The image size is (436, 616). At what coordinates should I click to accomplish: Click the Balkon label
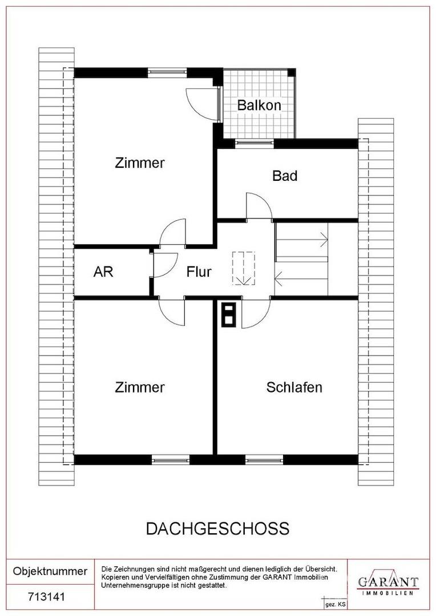tap(259, 106)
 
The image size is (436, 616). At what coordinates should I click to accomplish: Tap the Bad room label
tap(284, 176)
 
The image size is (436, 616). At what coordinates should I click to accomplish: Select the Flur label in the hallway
tap(199, 272)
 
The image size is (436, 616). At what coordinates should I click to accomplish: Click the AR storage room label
tap(103, 272)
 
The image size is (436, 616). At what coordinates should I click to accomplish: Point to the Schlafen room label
tap(294, 388)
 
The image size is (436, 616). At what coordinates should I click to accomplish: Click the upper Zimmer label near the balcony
tap(140, 163)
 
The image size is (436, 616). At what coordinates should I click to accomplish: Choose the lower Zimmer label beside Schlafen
tap(140, 388)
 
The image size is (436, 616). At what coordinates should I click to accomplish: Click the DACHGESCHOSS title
tap(217, 529)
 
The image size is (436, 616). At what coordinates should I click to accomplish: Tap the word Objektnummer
tap(50, 571)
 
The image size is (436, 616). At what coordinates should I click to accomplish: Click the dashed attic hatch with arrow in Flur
tap(243, 269)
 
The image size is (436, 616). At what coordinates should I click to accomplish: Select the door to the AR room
tap(164, 264)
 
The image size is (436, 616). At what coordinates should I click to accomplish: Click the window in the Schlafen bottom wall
tap(264, 459)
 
